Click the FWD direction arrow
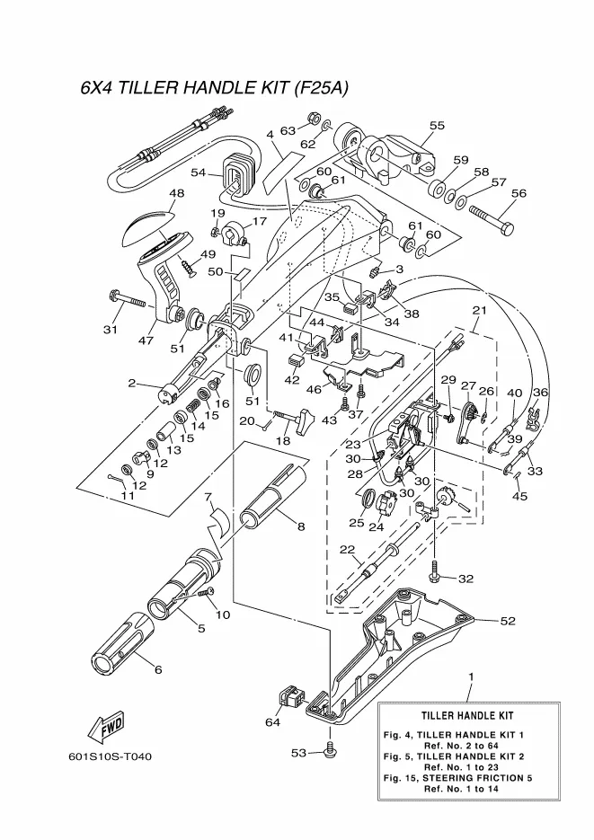(105, 725)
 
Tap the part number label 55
(437, 126)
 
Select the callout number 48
(176, 193)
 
